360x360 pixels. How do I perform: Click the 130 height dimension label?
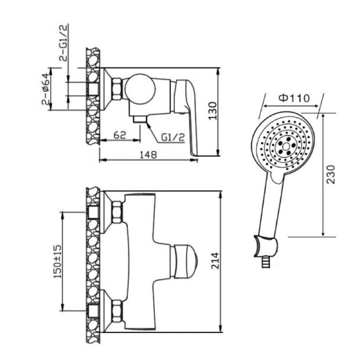213,111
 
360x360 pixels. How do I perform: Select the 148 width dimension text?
148,154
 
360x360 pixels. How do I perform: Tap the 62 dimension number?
120,135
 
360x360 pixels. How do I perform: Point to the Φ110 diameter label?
294,98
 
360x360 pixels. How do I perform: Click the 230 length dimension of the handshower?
331,174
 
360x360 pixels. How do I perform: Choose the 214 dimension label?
216,261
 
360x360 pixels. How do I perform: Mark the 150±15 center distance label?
58,261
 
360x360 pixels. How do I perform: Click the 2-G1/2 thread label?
64,43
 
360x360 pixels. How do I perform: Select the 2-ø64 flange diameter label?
46,89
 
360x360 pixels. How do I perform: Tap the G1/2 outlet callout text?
173,138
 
